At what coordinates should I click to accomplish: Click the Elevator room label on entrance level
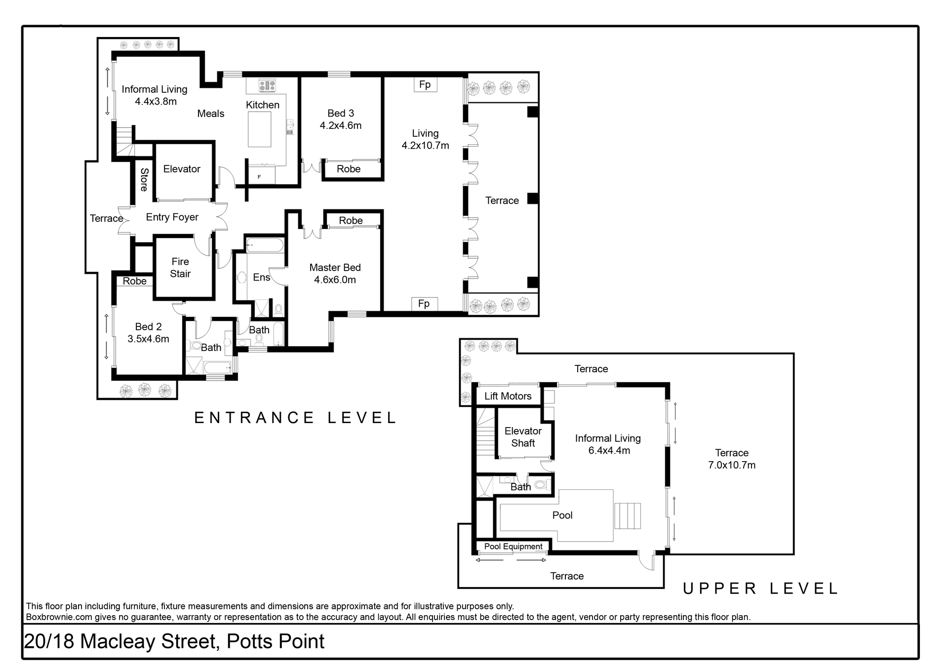(182, 169)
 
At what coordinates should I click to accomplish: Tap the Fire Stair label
(180, 268)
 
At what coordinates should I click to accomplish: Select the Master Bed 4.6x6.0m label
(335, 274)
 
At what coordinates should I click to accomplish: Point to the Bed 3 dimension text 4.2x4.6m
(341, 125)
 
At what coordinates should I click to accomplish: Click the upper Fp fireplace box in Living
(425, 84)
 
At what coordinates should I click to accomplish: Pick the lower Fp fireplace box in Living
(424, 304)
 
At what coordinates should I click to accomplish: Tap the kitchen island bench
(260, 129)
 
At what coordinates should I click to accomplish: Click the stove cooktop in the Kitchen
(267, 86)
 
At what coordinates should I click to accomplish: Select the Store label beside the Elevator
(144, 180)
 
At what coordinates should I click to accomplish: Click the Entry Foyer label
(172, 217)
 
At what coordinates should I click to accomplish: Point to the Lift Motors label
(508, 396)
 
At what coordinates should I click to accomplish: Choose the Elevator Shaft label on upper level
(523, 437)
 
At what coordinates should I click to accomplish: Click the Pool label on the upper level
(562, 515)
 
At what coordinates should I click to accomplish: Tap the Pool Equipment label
(513, 547)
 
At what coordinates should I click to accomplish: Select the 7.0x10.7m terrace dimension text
(732, 465)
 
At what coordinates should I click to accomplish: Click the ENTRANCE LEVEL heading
(295, 418)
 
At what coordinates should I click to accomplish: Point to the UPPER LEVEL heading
(760, 589)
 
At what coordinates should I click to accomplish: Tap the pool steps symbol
(628, 516)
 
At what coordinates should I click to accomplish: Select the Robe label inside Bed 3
(349, 169)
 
